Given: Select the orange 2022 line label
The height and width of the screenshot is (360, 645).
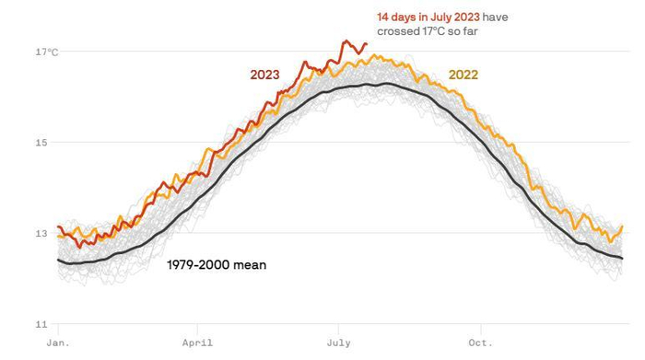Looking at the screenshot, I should (463, 75).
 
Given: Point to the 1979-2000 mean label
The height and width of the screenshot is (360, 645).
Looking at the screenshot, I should (216, 265).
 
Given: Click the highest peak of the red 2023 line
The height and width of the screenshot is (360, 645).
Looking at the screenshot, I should (346, 41).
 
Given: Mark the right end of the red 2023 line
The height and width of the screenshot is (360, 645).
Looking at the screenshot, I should (367, 44).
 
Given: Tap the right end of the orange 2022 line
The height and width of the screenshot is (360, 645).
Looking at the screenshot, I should (623, 226).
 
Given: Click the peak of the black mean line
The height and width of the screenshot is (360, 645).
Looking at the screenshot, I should (367, 84).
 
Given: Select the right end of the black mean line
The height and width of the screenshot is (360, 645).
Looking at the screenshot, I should (623, 259).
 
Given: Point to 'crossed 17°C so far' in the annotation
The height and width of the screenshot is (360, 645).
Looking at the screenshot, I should (428, 31).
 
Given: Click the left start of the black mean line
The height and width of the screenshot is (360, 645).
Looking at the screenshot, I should (58, 260).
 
